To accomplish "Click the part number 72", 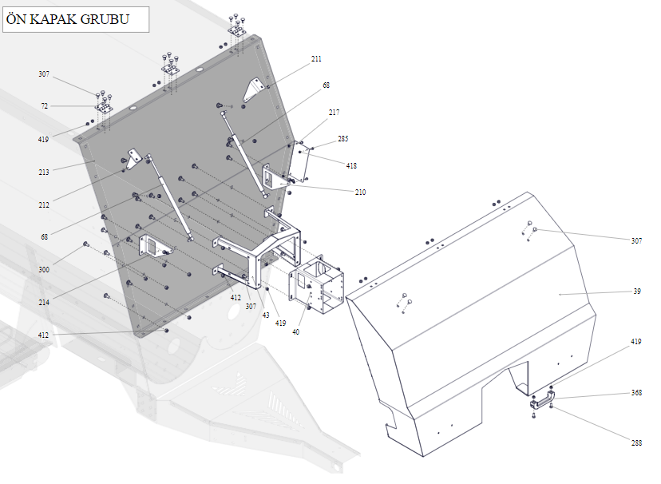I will coord(44,106).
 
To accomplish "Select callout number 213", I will coord(44,172).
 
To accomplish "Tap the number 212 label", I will coord(44,205).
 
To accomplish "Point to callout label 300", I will coord(44,270).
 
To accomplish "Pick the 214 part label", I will coord(44,303).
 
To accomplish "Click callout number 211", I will coord(317,59).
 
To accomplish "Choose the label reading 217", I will coord(334,113).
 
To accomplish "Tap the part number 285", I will coord(342,139).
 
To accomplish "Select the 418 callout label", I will coord(351,166).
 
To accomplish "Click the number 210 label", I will coord(360,192).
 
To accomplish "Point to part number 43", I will coord(266,315).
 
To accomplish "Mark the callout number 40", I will coord(295,331).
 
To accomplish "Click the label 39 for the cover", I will coord(637,292).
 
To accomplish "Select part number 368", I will coord(636,393).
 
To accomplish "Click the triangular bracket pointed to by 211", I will coord(253,89).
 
